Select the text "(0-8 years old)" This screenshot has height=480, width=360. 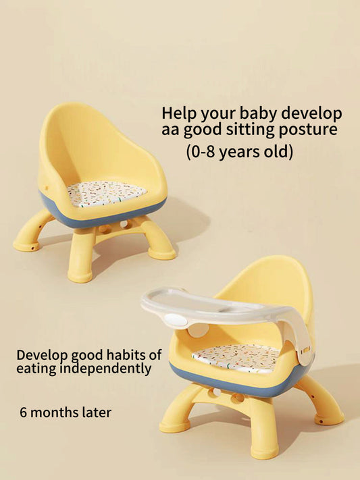(239, 151)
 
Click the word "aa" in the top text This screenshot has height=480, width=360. (170, 130)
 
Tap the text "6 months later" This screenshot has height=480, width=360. (65, 412)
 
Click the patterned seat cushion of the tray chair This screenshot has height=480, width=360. (236, 357)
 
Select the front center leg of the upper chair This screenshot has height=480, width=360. (80, 253)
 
